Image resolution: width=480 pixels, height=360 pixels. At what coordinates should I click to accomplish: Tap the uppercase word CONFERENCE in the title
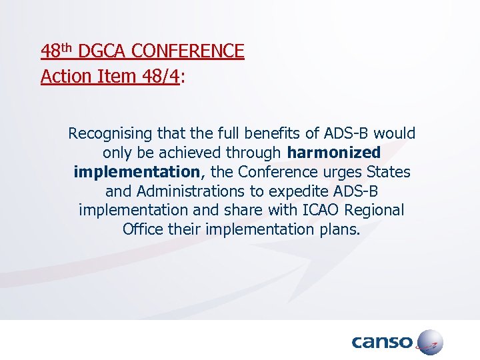tap(189, 51)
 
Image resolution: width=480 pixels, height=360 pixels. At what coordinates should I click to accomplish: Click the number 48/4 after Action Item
tap(159, 77)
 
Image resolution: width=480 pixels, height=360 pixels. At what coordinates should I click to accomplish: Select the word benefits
tap(262, 133)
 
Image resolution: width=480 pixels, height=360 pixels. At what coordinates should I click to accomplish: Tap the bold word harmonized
tap(334, 153)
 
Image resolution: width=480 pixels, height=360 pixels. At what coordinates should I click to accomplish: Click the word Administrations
tap(194, 191)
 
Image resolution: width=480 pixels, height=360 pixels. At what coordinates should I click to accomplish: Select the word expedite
tap(300, 191)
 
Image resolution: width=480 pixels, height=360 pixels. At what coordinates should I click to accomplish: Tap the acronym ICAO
tap(324, 210)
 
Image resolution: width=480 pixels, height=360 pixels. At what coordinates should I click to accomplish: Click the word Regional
tap(376, 210)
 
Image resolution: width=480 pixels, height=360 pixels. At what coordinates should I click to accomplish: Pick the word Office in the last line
tap(141, 229)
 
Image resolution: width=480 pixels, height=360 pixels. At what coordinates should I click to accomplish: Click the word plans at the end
tap(338, 229)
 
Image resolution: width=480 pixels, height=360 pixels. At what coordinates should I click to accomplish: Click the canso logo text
tap(381, 343)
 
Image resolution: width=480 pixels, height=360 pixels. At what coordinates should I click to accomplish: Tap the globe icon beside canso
tap(429, 343)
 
